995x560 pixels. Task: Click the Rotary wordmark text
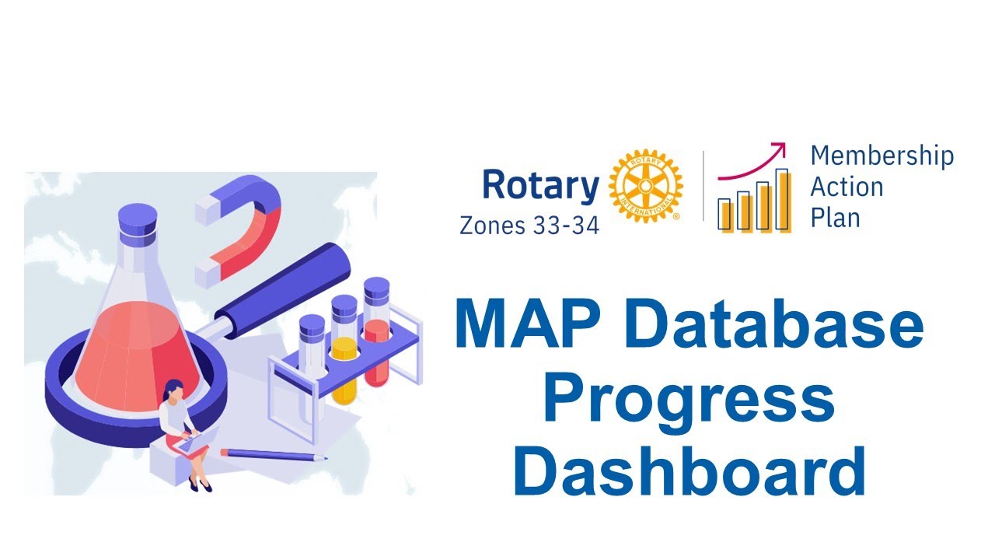click(x=540, y=187)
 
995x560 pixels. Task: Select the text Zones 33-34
click(x=529, y=226)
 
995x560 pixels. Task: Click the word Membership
click(x=882, y=156)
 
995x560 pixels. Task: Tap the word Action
click(x=847, y=187)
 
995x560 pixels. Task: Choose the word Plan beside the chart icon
click(x=835, y=218)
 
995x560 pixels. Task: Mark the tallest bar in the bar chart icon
click(x=783, y=200)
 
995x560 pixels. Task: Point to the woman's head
click(x=174, y=389)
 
